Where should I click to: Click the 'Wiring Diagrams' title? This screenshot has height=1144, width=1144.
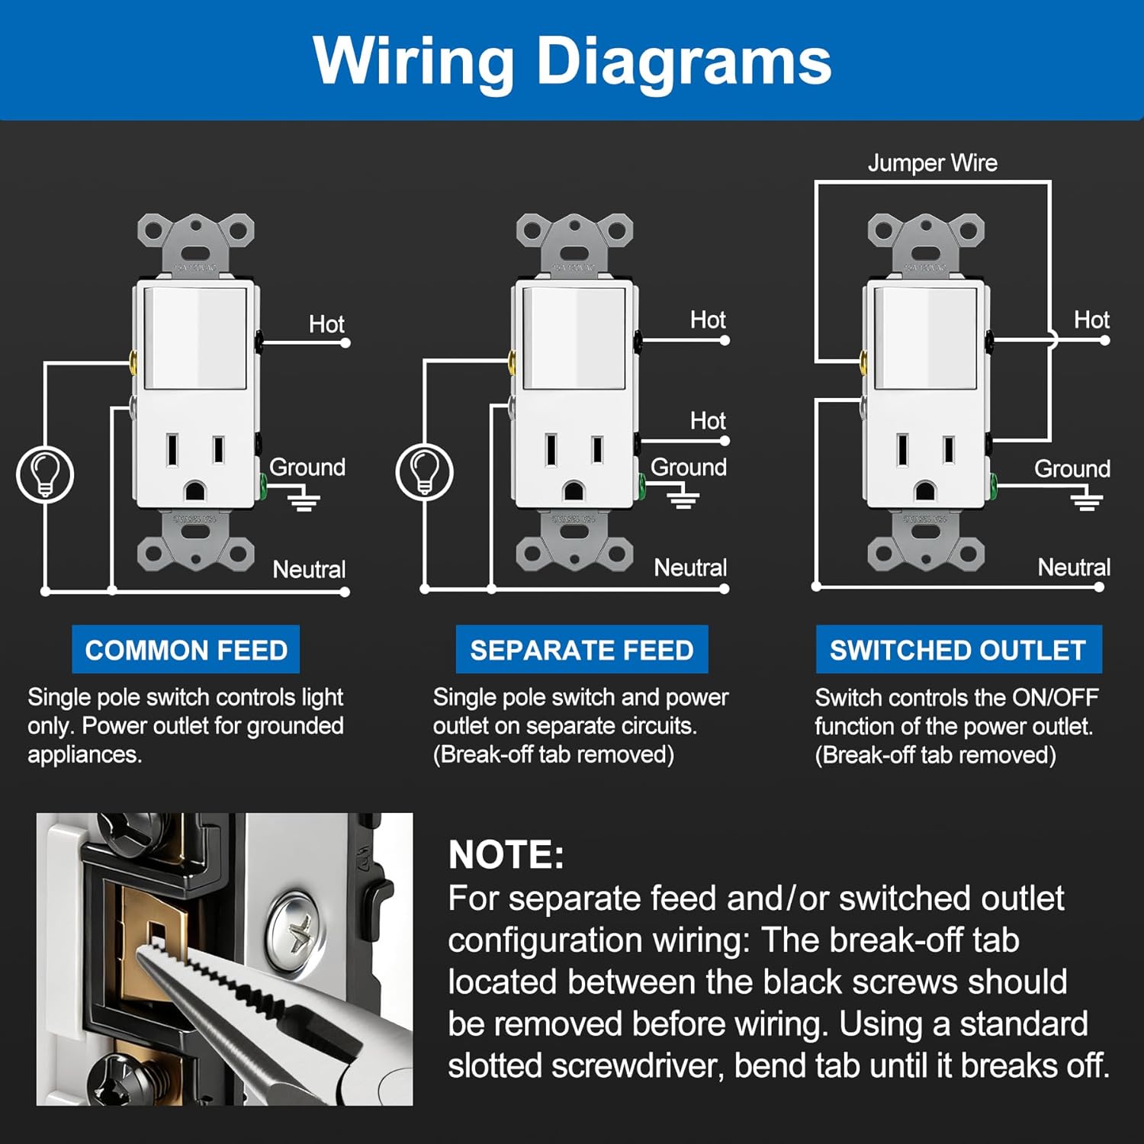(x=572, y=61)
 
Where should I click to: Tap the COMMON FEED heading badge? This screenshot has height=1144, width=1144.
(x=186, y=650)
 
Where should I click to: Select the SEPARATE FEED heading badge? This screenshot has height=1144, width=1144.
(x=581, y=650)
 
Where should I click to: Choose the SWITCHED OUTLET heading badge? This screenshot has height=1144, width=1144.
(x=958, y=650)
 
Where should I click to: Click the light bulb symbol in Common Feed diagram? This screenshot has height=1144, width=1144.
(x=45, y=474)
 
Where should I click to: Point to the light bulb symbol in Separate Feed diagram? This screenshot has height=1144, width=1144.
(x=425, y=472)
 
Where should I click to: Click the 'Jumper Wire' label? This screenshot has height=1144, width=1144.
(x=932, y=162)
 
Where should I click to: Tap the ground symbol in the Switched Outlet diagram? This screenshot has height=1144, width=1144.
(x=1086, y=501)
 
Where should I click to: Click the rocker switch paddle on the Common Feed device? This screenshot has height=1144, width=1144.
(x=196, y=337)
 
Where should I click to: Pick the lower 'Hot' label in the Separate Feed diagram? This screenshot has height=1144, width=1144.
(x=708, y=420)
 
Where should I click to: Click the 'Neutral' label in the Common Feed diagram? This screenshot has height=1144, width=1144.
(x=309, y=569)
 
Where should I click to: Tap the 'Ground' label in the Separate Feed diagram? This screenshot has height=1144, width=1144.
(x=688, y=467)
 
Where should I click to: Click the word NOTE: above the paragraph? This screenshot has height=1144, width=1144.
(x=506, y=855)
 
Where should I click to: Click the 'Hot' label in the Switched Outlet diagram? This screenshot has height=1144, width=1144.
(x=1091, y=320)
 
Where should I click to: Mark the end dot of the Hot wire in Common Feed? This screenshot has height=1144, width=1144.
(x=345, y=343)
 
